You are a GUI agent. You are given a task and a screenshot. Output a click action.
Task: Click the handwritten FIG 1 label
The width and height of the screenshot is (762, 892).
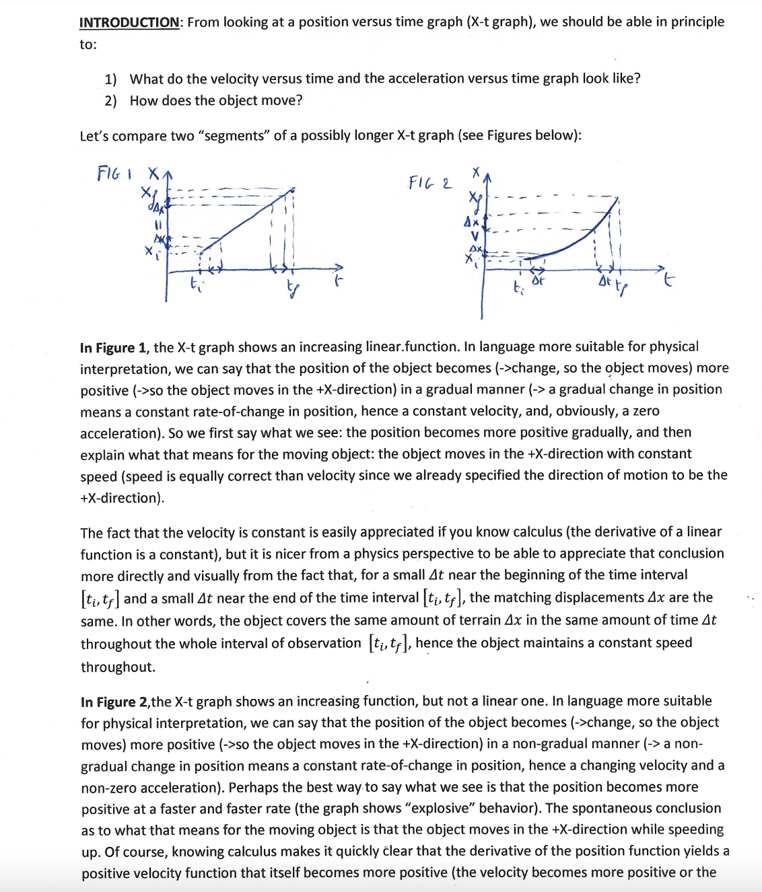coord(114,174)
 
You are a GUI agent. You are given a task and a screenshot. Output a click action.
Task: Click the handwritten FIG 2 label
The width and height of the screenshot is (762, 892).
coord(430,182)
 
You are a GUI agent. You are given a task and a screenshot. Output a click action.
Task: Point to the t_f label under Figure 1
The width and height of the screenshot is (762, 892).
coord(292,289)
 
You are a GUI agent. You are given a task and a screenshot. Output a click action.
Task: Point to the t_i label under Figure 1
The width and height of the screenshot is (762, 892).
coord(195,282)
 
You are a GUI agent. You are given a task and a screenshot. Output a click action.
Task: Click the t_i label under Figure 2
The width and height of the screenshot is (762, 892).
coord(517,288)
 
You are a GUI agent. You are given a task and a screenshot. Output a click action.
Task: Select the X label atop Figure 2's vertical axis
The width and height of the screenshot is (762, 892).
coord(476,172)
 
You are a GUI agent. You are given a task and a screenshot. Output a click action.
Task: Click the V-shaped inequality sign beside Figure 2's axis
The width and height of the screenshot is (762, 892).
coord(474,236)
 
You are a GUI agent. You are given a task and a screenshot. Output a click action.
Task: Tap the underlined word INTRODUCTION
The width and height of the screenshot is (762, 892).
coord(129,22)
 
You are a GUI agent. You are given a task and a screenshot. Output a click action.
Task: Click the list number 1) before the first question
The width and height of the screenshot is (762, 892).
coord(110,79)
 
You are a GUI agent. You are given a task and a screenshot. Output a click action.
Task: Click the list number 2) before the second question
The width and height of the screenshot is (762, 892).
coord(110,101)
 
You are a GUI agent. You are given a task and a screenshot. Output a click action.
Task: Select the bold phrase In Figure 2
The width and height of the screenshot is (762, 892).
coord(114,702)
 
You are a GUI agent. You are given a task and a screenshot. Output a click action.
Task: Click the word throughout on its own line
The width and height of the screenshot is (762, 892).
coord(118,667)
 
